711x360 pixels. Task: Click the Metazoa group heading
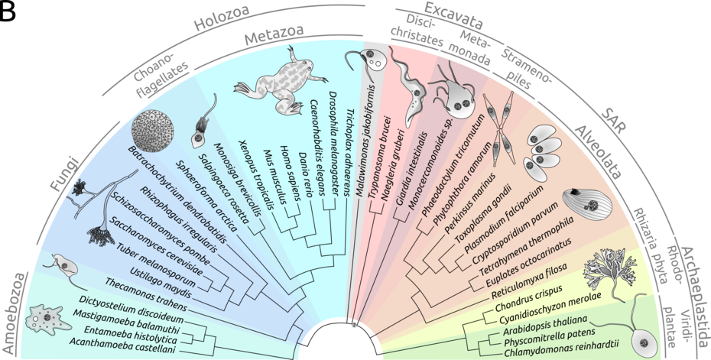click(274, 35)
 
